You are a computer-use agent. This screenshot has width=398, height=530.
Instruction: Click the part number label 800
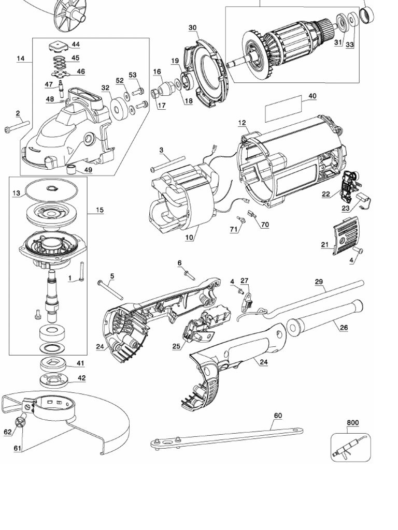pyautogui.click(x=352, y=423)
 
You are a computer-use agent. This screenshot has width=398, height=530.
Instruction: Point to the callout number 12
pyautogui.click(x=242, y=123)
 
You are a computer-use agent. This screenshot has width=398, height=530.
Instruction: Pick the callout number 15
pyautogui.click(x=99, y=210)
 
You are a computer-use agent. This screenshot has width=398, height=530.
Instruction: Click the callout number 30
pyautogui.click(x=192, y=27)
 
